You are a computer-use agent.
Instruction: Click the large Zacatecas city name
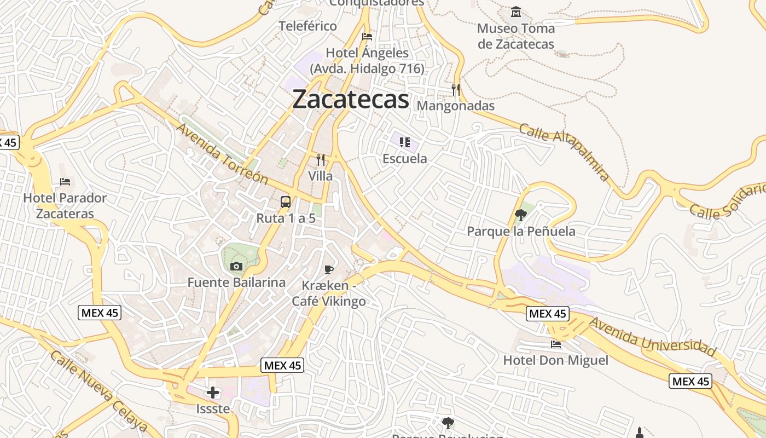click(x=351, y=100)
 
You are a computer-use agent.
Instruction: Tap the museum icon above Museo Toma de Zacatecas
click(x=515, y=11)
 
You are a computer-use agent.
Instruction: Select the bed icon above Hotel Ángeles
click(x=367, y=37)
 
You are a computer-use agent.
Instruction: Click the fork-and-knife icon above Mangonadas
click(x=455, y=89)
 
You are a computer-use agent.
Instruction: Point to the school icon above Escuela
click(x=405, y=142)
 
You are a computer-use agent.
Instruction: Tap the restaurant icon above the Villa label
click(x=321, y=160)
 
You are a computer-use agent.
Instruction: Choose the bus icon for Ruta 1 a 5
click(x=286, y=202)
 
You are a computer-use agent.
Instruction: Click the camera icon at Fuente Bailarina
click(x=236, y=267)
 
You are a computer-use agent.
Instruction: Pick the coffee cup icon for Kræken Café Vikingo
click(x=329, y=269)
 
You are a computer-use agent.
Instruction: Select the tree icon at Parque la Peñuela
click(x=521, y=215)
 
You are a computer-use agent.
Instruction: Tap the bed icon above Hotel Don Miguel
click(x=556, y=344)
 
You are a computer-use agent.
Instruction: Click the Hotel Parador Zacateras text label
click(x=65, y=205)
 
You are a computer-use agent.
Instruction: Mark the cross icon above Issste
click(x=213, y=393)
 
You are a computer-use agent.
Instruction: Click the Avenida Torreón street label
click(x=222, y=154)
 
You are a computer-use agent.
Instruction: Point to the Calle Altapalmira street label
click(x=564, y=152)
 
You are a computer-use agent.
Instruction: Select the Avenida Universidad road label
click(x=652, y=336)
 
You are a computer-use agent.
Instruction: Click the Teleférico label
click(x=308, y=26)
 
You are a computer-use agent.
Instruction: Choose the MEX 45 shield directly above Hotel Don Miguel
click(x=548, y=314)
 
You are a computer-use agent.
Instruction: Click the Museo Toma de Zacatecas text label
click(x=516, y=36)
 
